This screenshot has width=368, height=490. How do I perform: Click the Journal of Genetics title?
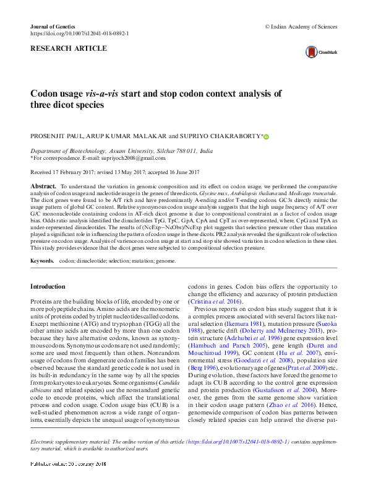click(x=52, y=27)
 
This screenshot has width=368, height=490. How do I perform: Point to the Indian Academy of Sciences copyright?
click(x=301, y=27)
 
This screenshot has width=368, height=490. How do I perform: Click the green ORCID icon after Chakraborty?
click(x=267, y=136)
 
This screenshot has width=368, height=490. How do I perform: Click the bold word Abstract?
click(x=43, y=186)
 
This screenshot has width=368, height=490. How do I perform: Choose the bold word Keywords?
click(x=43, y=261)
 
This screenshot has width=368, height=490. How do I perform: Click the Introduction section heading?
click(x=48, y=287)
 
